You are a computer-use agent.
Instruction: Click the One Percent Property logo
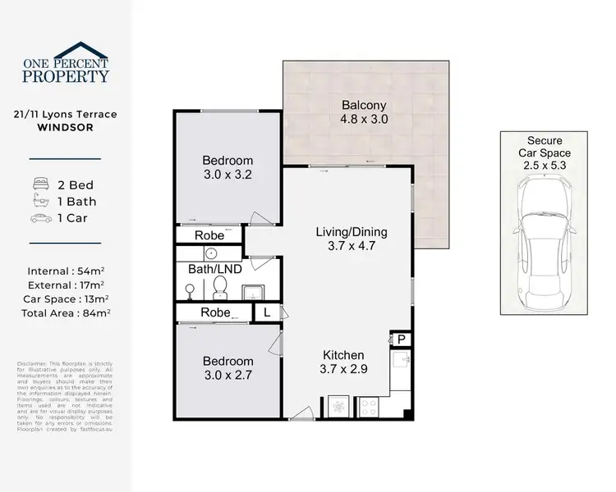coord(65,63)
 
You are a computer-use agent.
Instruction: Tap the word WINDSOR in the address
coord(65,129)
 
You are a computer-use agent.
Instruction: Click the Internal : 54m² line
coord(65,270)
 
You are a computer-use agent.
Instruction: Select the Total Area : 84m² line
coord(65,312)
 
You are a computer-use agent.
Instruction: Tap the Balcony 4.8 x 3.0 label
coord(364,112)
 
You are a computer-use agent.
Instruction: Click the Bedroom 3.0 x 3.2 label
coord(228,167)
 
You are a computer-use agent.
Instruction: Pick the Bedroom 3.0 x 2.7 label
coord(228,368)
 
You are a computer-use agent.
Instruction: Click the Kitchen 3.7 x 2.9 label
coord(343,362)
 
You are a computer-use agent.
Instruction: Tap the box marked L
coord(266,312)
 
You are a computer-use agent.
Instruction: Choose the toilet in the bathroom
coord(219,286)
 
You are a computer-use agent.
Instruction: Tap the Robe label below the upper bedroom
coord(209,235)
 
